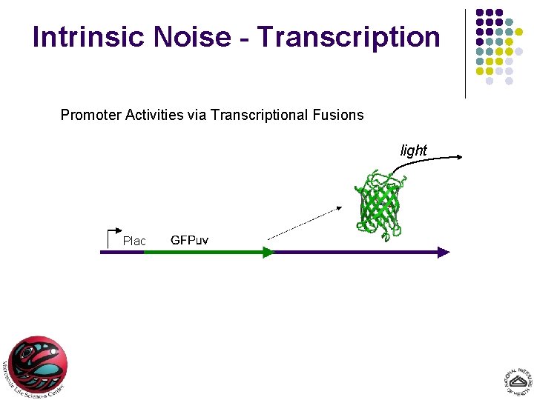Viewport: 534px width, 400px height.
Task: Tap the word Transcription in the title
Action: (349, 36)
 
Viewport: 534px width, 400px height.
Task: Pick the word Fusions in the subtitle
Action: (338, 115)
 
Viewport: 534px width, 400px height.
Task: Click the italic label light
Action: (414, 150)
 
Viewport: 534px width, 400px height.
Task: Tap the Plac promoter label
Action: (134, 241)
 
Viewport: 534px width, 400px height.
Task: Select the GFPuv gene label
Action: (190, 240)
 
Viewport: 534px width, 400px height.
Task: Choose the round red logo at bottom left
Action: (37, 366)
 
